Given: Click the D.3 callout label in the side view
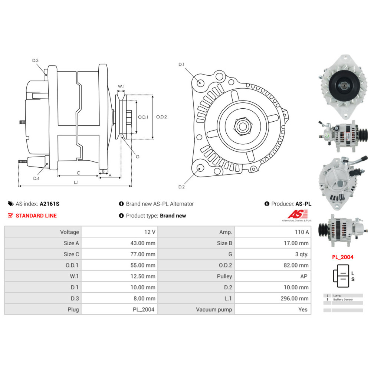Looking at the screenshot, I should (35, 60).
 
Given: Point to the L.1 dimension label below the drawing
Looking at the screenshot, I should (76, 182).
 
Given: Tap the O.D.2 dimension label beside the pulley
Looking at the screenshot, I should (161, 117).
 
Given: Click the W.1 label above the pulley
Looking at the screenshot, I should (121, 87).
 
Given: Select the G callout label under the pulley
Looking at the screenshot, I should (137, 157).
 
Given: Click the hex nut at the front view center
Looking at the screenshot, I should (242, 127).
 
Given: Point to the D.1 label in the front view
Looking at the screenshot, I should (181, 65).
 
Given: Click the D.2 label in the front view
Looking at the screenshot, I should (181, 187).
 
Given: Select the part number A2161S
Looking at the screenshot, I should (49, 204).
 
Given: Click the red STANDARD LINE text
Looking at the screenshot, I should (36, 216).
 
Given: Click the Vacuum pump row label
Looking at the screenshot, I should (214, 309).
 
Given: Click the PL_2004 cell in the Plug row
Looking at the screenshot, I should (144, 309).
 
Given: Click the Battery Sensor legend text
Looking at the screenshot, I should (343, 299).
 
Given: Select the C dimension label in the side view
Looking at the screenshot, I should (78, 173).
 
